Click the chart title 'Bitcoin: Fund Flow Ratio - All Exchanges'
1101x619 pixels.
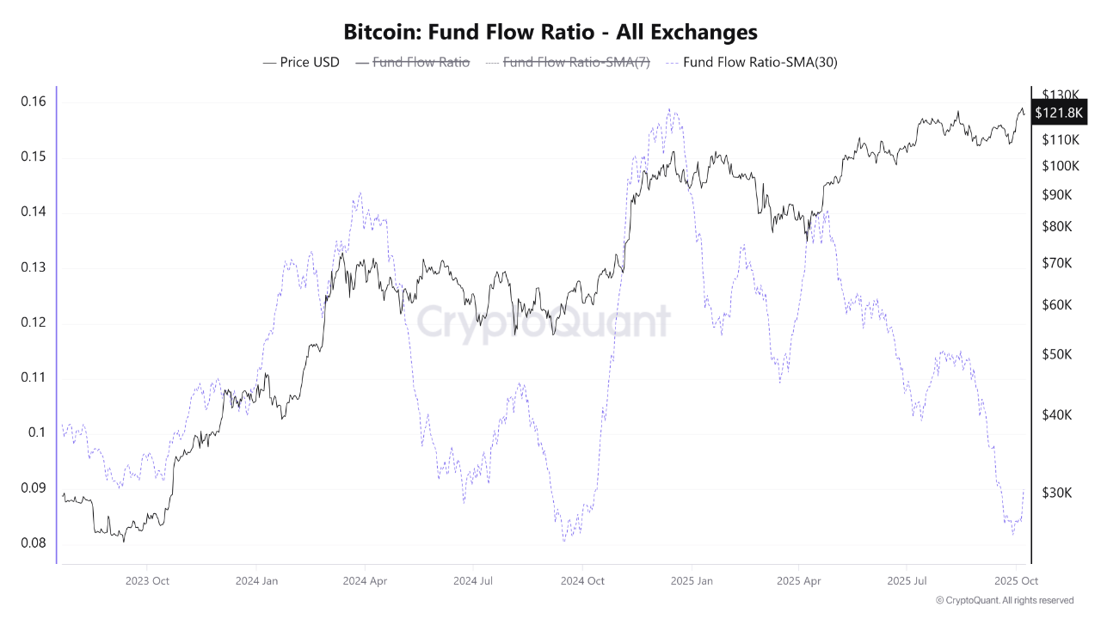tap(550, 33)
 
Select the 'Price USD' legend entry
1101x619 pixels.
tap(301, 62)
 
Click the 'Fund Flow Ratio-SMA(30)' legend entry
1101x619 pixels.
tap(751, 62)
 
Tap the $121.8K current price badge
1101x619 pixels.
tap(1061, 113)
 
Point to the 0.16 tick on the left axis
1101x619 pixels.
tap(33, 101)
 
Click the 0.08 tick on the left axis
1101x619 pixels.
tap(33, 543)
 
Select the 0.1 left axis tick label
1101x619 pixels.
tap(37, 432)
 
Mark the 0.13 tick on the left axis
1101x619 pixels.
tap(33, 267)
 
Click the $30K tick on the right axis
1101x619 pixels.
tap(1056, 493)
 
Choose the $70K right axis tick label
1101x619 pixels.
tap(1056, 263)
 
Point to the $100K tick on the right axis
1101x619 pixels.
tap(1059, 166)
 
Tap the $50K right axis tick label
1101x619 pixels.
tap(1056, 354)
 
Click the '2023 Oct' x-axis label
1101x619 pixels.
tap(146, 580)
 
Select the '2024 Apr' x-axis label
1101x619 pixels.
tap(365, 580)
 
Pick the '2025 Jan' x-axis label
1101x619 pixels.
tap(692, 580)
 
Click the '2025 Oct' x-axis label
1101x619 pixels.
tap(1016, 580)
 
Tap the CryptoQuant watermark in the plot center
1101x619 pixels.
tap(544, 322)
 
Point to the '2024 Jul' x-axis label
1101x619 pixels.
tap(472, 580)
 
